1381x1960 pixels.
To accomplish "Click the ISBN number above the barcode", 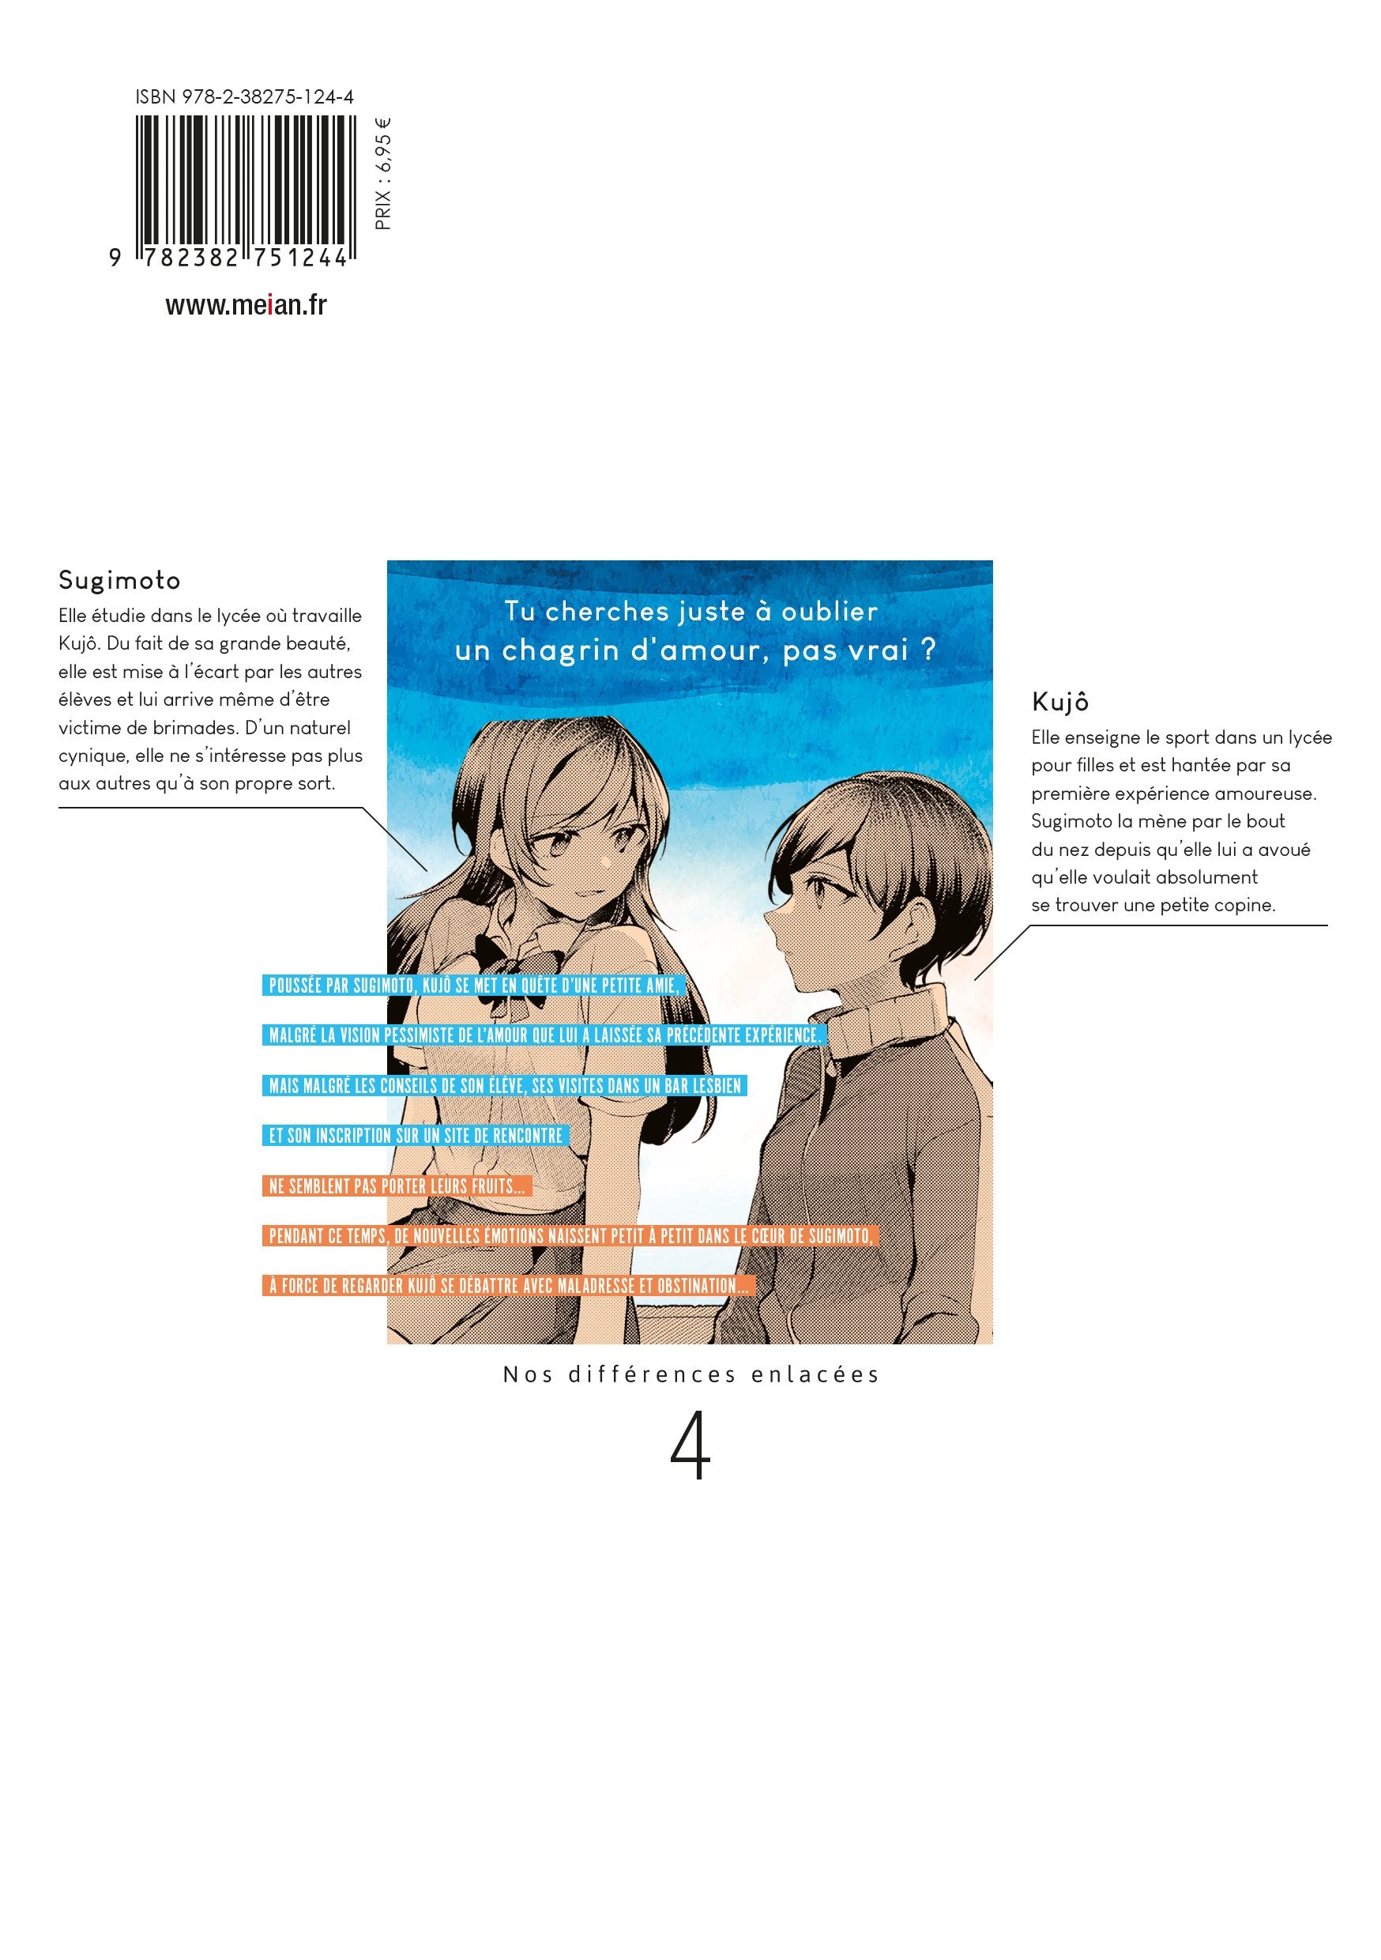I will point(244,97).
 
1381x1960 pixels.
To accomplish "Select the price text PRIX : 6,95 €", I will point(383,174).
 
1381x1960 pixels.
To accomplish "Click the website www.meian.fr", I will point(246,305).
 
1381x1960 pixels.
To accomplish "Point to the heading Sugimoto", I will point(119,580).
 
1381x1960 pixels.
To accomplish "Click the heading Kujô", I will point(1060,702).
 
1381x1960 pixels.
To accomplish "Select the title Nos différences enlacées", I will point(690,1374).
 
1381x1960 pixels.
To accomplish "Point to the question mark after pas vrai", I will point(928,650).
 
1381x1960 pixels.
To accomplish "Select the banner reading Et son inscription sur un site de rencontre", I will point(416,1136).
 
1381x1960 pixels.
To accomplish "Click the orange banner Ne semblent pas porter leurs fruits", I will point(397,1185).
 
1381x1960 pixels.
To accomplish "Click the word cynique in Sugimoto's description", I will point(93,756).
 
